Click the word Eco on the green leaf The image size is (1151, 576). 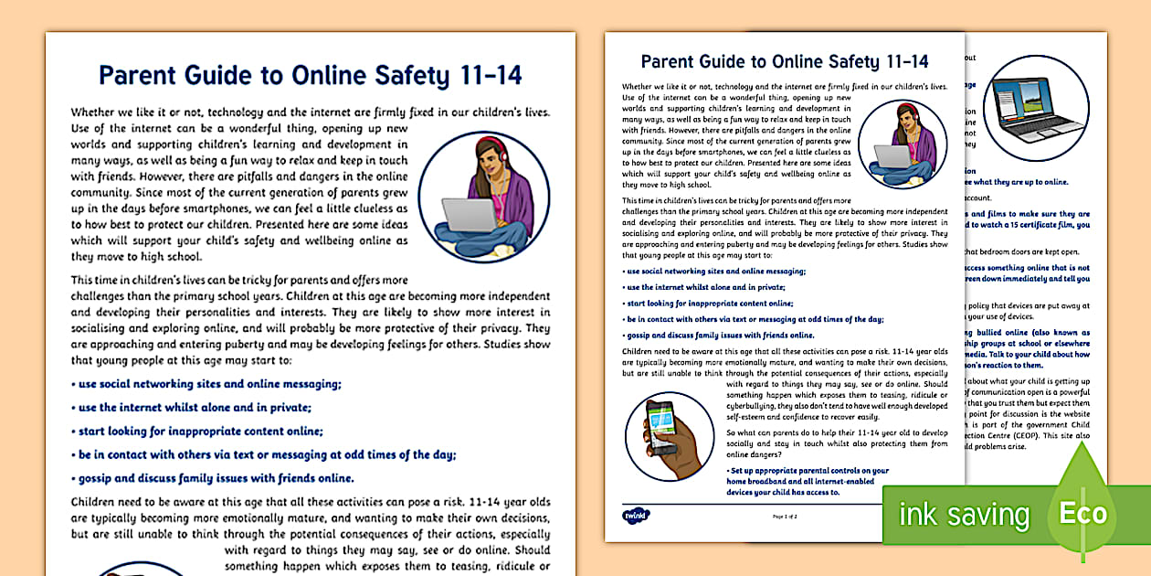(1083, 513)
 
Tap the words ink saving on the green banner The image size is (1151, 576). (964, 514)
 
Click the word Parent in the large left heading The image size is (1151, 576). (139, 74)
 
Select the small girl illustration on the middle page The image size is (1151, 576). (903, 144)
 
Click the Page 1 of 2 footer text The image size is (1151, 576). (786, 517)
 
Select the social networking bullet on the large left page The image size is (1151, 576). (206, 384)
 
